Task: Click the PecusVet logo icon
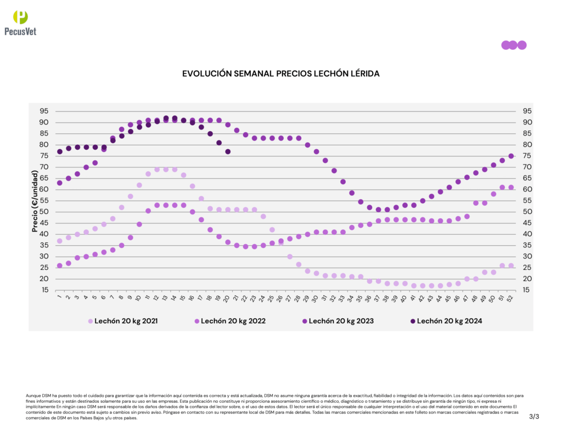(20, 17)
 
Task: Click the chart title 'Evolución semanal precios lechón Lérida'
(280, 73)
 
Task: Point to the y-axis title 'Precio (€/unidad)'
(35, 201)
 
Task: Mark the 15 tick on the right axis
(526, 290)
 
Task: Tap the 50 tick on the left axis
(43, 212)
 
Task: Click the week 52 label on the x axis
(511, 298)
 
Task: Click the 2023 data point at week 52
(511, 156)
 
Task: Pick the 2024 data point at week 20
(228, 151)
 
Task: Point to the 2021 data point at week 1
(60, 241)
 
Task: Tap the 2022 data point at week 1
(60, 266)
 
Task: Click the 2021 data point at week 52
(511, 266)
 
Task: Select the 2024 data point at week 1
(60, 151)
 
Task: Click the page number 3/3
(534, 417)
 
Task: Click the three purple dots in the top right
(514, 45)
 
